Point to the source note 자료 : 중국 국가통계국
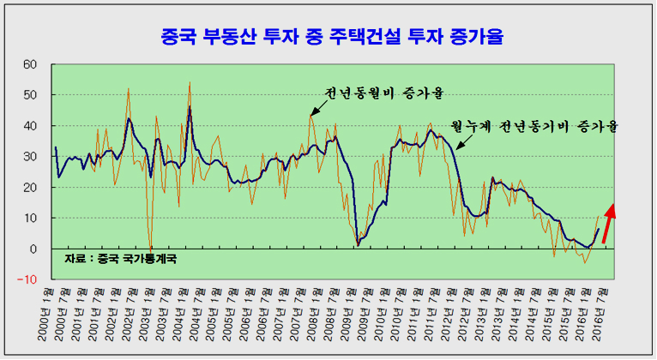pos(120,258)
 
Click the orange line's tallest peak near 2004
pos(190,83)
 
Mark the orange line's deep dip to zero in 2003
pos(150,248)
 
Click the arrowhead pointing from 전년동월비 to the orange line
pos(311,113)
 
